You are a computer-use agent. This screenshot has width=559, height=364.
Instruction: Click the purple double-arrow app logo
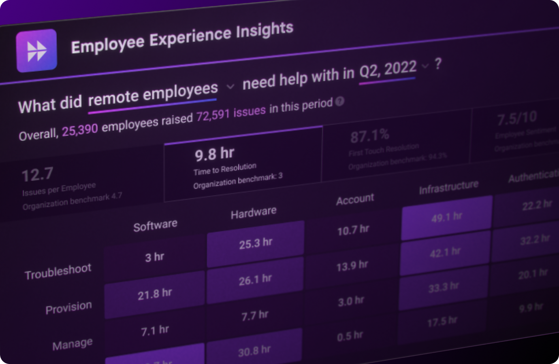tap(36, 51)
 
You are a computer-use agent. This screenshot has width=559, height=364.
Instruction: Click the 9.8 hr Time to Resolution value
tap(214, 154)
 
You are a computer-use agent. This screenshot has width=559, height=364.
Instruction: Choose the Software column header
tap(155, 225)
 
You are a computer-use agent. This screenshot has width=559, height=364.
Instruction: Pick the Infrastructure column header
tap(448, 187)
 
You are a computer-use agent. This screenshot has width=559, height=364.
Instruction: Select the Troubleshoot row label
tap(58, 272)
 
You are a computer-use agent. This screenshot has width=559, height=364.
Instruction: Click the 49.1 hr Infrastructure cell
tap(446, 218)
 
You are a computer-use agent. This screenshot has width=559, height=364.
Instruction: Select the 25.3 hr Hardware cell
tap(256, 243)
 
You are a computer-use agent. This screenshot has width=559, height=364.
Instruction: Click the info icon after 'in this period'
tap(340, 102)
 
